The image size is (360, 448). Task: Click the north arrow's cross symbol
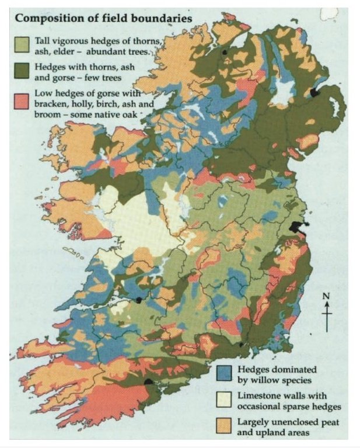coord(327,312)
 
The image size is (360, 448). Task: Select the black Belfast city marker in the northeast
coord(316,92)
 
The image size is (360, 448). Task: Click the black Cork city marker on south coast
coord(149,381)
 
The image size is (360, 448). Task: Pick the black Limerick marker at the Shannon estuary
coord(139,300)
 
